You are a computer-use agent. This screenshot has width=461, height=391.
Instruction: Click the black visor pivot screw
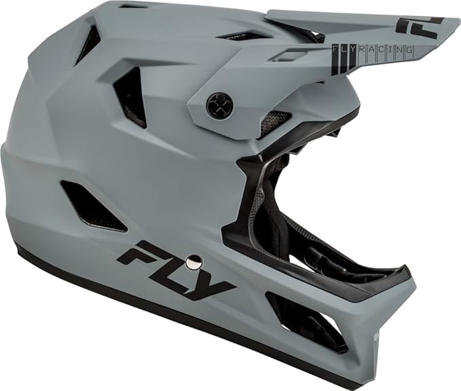(x=219, y=105)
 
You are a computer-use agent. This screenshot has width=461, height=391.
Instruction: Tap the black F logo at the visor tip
(x=420, y=26)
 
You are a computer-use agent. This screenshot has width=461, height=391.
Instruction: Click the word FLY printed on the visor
(x=346, y=50)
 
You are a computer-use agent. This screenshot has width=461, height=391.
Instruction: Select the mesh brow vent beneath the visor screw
(x=274, y=123)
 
